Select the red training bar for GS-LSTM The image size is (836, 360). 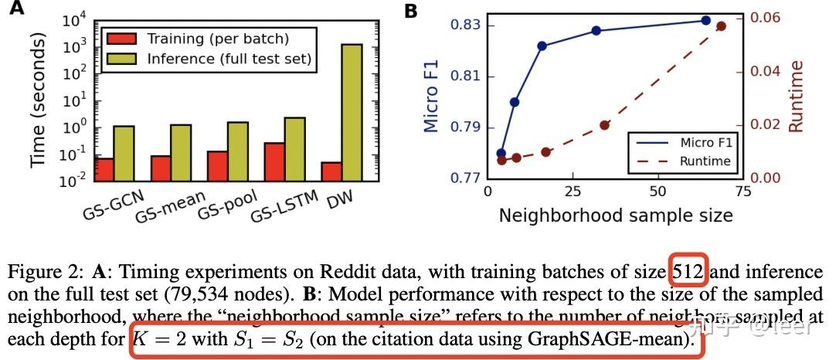[x=274, y=161]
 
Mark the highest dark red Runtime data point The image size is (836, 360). [x=721, y=26]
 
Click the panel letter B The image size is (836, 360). [x=411, y=11]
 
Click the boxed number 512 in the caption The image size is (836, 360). [x=688, y=272]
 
